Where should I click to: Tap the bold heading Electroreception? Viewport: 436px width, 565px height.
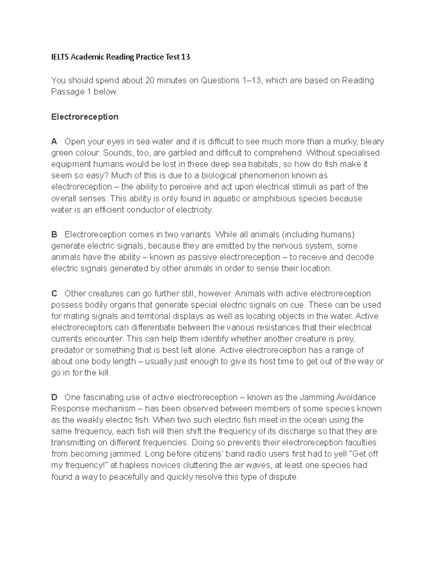pos(85,117)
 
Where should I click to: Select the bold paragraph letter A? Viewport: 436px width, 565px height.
pos(54,141)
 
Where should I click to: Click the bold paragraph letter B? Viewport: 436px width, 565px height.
pos(54,234)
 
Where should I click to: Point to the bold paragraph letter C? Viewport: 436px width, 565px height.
pos(54,294)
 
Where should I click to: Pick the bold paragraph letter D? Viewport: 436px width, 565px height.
pos(54,397)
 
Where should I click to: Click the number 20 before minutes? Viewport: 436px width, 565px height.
pos(150,80)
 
